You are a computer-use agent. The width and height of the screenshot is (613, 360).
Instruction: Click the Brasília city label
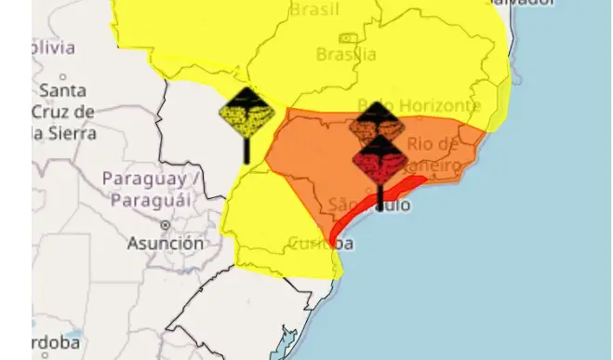click(346, 55)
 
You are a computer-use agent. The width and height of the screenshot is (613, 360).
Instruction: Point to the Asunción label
click(166, 244)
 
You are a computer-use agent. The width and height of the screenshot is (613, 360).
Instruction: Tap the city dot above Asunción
click(165, 225)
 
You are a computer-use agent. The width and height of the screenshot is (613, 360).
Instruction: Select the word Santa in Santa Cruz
click(63, 91)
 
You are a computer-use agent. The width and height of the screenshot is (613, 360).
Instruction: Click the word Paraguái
click(150, 199)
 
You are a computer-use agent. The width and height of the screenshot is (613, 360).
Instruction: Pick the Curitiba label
click(320, 244)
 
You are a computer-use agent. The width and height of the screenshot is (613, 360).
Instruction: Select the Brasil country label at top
click(340, 10)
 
